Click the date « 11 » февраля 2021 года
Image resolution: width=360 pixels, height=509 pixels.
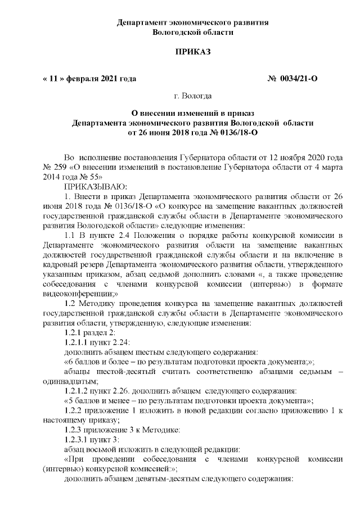click(89, 79)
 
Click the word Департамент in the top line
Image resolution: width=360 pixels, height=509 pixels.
click(140, 22)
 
